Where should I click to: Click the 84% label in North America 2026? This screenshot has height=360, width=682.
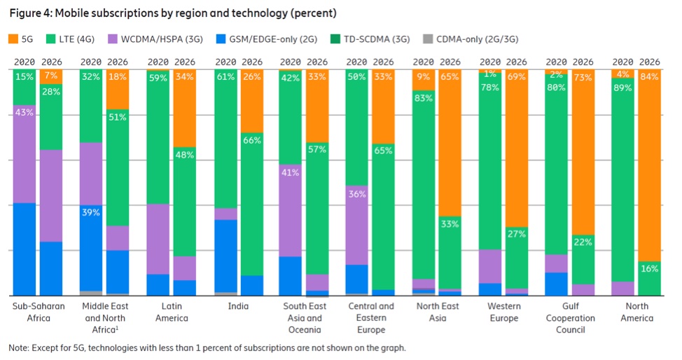click(x=649, y=77)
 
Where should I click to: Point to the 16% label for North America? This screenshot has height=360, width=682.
click(x=649, y=269)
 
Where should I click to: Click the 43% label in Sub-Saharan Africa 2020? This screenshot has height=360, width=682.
click(x=24, y=113)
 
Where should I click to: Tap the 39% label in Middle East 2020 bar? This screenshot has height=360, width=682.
click(x=90, y=212)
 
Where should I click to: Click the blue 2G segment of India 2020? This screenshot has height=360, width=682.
click(x=225, y=256)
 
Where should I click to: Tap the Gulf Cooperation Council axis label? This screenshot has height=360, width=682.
click(x=570, y=318)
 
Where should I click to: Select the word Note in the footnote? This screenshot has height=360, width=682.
click(x=18, y=347)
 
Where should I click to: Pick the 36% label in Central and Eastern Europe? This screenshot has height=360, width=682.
click(x=357, y=194)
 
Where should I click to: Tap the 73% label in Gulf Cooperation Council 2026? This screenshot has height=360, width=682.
click(x=583, y=77)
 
